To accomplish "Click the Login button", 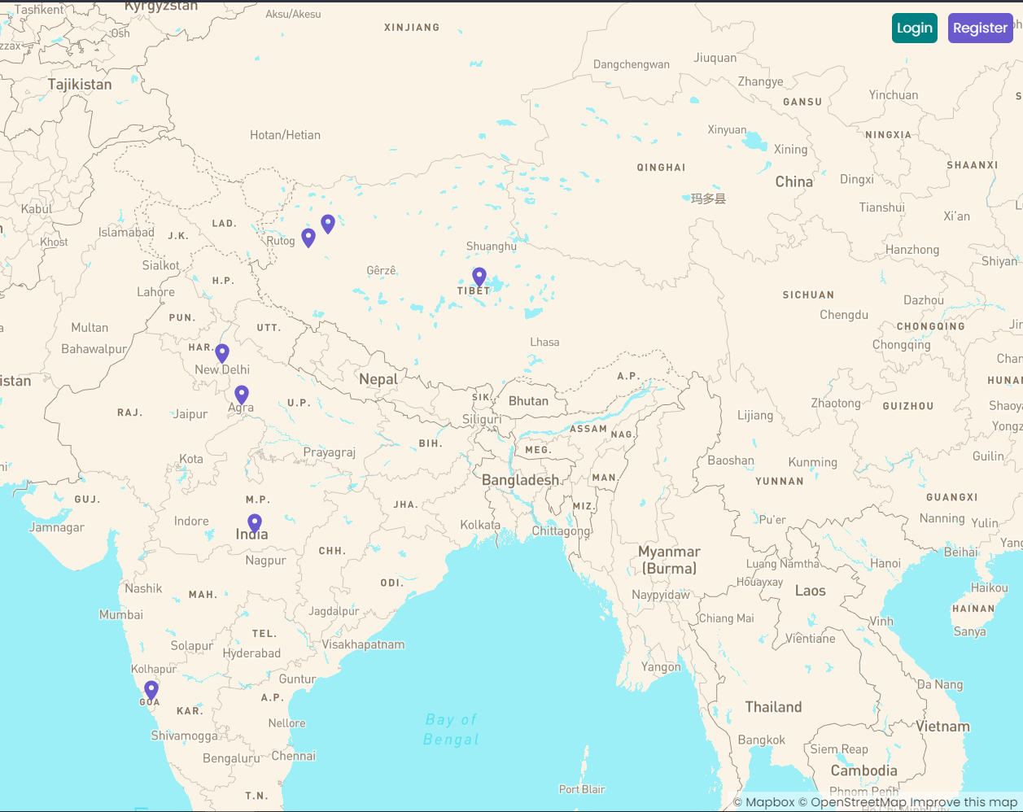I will pos(914,28).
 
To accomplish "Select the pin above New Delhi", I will pos(222,353).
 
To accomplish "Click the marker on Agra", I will pos(242,395).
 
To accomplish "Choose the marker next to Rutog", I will pos(308,238).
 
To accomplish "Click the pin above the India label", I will pos(255,522).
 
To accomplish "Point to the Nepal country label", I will pos(378,379).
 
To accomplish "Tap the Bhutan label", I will pos(528,401).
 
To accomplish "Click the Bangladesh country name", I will pos(520,480).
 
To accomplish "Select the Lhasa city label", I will pos(544,343).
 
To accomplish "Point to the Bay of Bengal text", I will pos(451,730).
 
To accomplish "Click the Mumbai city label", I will pos(121,615).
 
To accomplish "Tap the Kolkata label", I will pos(480,525).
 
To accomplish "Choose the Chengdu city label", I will pos(844,315).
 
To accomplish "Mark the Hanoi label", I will pos(885,564).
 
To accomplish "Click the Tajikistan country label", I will pos(80,85).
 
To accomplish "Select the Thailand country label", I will pos(773,707).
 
